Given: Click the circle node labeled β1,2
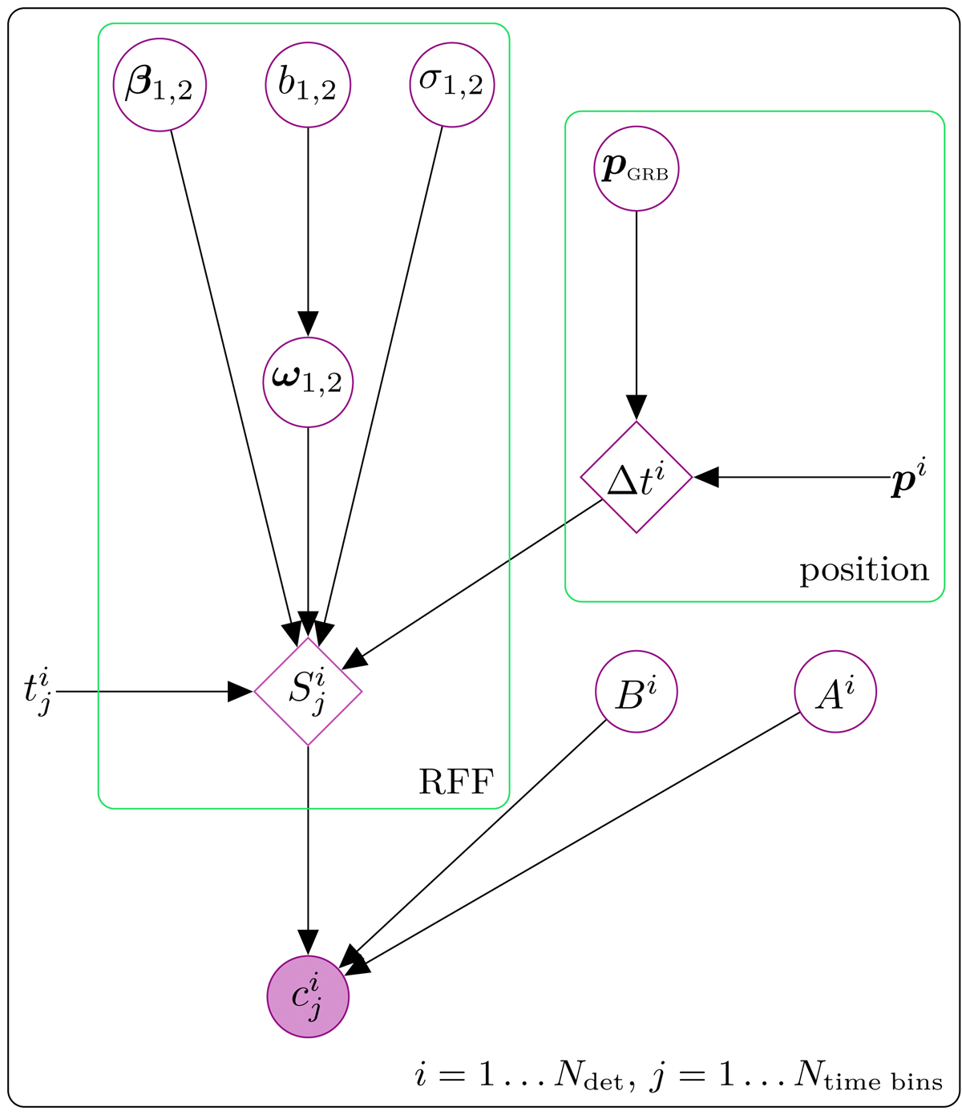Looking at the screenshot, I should [160, 84].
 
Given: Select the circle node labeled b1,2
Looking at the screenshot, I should [308, 84].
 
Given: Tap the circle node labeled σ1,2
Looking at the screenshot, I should [451, 84].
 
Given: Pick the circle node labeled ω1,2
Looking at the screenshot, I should [308, 382].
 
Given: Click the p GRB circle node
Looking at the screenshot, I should [636, 170].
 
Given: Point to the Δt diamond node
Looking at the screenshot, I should [636, 477].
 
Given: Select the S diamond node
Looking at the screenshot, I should [308, 691].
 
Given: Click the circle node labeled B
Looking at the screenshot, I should [637, 692].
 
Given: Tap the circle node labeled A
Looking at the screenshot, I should [835, 692].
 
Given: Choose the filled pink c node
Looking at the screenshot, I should [308, 997].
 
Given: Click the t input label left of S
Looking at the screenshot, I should [38, 692].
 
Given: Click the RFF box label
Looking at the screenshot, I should [455, 781].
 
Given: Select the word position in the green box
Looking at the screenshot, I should [864, 570].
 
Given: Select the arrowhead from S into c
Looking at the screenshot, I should [308, 943].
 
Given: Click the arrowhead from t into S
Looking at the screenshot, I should [240, 691].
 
